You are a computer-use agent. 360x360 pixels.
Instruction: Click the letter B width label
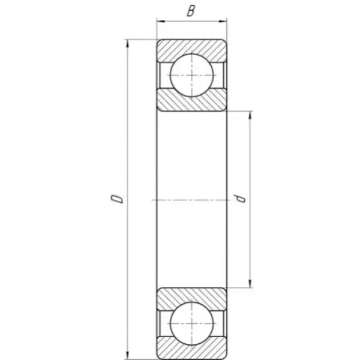tap(191, 11)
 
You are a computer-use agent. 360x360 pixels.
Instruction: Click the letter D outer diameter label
tap(117, 199)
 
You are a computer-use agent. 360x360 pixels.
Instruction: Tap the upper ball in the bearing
tap(191, 76)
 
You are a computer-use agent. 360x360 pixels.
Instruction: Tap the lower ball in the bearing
tap(191, 323)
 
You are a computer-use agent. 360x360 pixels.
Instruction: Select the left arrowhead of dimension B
tap(161, 22)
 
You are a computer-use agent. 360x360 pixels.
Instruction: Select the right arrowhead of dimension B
tap(223, 22)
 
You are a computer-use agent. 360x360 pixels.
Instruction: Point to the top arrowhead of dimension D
tap(128, 44)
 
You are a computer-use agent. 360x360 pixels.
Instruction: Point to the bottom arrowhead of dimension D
tap(128, 355)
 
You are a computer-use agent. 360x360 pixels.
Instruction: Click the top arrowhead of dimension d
tap(250, 115)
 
